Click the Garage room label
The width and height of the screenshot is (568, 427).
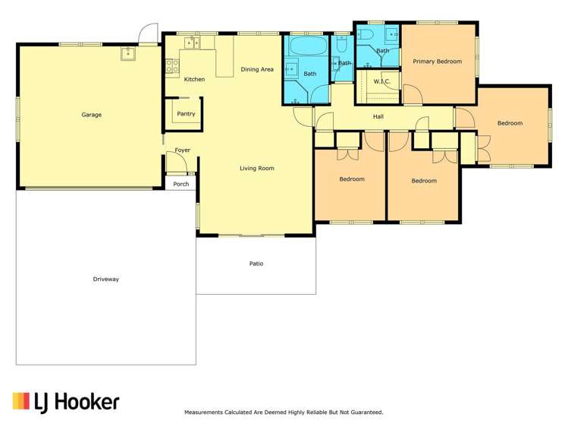click(x=91, y=115)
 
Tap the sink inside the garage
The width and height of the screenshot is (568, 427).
click(x=128, y=52)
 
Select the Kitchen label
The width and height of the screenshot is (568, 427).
click(x=194, y=79)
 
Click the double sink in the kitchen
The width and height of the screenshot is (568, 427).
click(x=193, y=43)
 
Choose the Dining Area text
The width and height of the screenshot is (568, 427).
click(x=257, y=69)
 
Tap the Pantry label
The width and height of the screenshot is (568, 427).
click(x=186, y=114)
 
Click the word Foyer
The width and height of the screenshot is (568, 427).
click(x=182, y=150)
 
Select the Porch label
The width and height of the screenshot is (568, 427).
click(x=180, y=184)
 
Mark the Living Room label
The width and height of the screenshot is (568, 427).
click(x=257, y=168)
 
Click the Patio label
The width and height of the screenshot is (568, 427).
click(x=256, y=264)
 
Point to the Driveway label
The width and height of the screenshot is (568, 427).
click(x=105, y=279)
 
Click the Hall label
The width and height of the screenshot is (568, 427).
click(x=378, y=116)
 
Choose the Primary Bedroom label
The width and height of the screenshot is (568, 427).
click(x=437, y=62)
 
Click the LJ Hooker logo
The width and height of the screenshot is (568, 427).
click(x=66, y=401)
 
